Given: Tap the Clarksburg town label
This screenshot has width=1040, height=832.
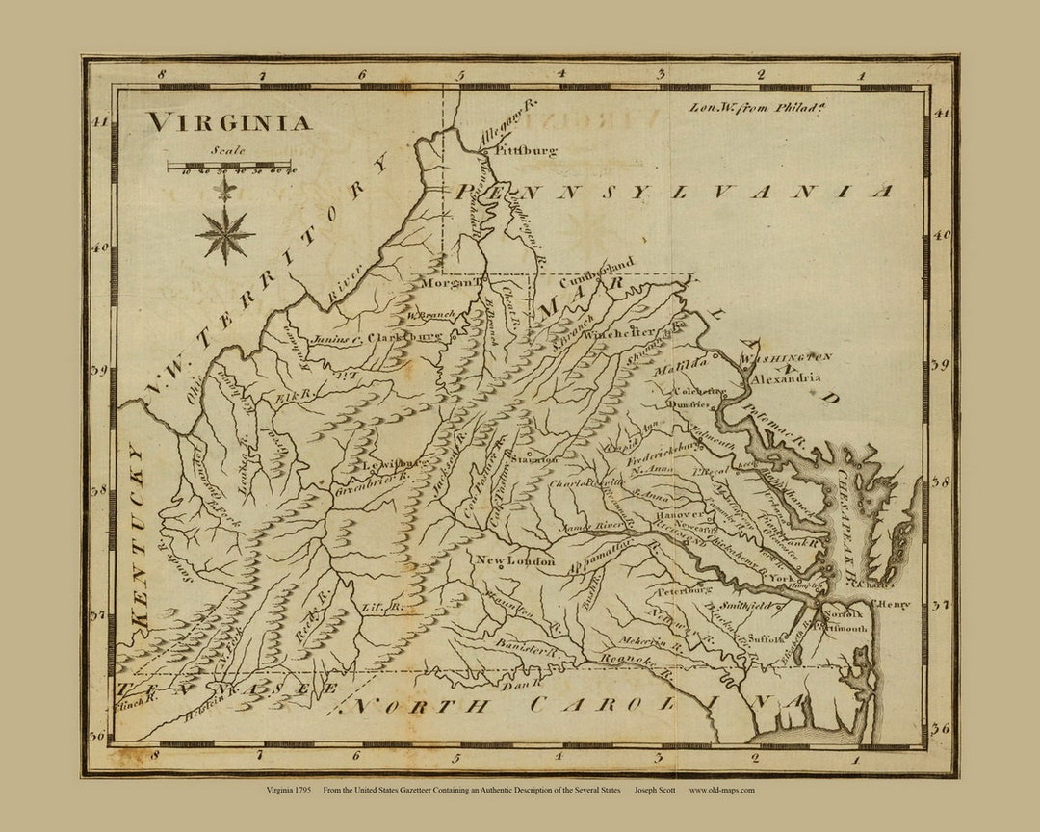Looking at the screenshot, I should [x=403, y=338].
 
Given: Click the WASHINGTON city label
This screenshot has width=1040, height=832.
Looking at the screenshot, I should [x=786, y=358].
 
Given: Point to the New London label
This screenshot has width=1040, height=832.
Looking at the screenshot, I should [x=514, y=560].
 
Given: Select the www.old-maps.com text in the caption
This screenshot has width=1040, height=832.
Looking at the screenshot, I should [x=722, y=791].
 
